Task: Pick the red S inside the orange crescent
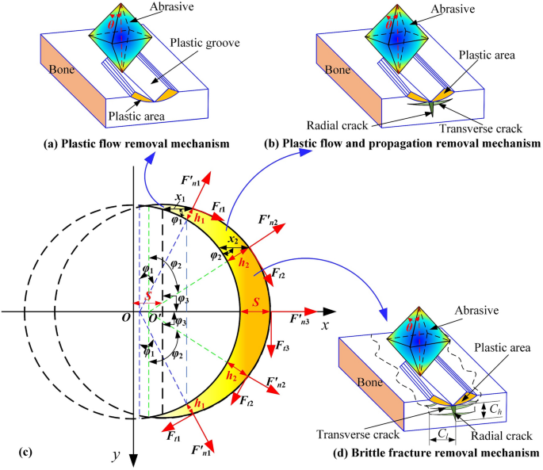[x=255, y=302]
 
